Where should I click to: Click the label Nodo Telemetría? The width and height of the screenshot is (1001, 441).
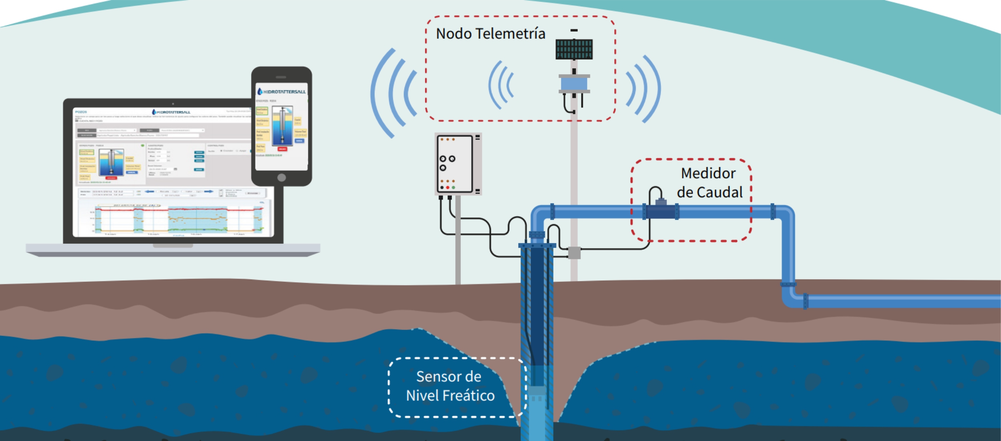tap(490, 34)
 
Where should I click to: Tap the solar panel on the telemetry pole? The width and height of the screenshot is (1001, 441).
tap(574, 49)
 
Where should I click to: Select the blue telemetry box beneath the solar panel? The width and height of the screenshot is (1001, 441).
tap(574, 84)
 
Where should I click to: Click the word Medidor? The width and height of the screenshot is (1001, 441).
tap(708, 174)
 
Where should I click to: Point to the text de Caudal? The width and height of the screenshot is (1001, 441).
tap(710, 192)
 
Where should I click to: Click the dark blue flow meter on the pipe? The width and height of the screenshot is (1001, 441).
tap(661, 211)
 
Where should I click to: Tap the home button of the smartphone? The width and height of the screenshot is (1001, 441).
tap(281, 178)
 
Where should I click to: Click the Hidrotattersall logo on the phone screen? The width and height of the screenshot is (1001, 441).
tap(281, 92)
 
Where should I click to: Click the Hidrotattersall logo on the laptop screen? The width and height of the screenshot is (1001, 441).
tap(171, 112)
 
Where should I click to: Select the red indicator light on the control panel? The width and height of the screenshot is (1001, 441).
tap(448, 188)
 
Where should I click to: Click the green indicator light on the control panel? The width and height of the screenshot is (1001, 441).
tap(453, 188)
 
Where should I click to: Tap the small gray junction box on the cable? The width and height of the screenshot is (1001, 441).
tap(574, 253)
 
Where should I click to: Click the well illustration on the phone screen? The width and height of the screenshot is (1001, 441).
tap(282, 125)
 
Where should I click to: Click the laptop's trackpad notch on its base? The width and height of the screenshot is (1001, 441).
tap(173, 246)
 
